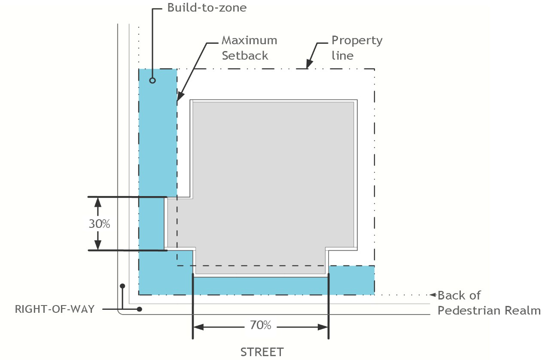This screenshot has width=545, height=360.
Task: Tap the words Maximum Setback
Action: (x=249, y=48)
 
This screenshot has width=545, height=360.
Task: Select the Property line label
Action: (x=356, y=48)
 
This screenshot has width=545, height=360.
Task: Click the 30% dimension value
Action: (x=100, y=224)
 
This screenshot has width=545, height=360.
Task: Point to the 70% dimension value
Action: (x=260, y=325)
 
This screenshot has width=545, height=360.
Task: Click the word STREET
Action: (x=262, y=352)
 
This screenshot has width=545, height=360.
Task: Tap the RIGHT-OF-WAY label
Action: (x=55, y=309)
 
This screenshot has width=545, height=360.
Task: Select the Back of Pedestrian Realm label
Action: (x=489, y=303)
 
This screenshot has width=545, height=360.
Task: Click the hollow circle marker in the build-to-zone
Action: (x=152, y=80)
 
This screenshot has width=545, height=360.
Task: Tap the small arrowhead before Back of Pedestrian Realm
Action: (x=433, y=295)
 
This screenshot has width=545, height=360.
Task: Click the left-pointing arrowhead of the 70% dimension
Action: (x=198, y=327)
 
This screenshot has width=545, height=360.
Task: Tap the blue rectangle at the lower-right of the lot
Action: (x=351, y=280)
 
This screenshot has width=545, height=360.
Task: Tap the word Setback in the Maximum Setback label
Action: (x=245, y=55)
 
